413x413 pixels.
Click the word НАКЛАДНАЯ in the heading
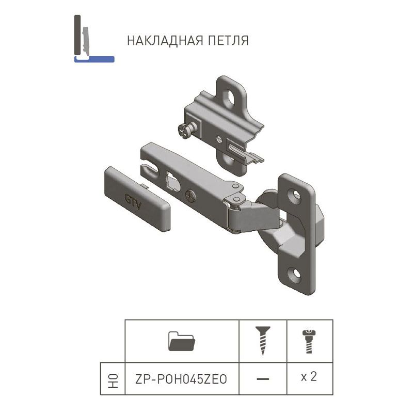click(165, 41)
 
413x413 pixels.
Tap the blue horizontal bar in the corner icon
click(94, 59)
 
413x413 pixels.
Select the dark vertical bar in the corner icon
click(77, 35)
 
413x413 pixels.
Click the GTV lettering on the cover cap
click(133, 202)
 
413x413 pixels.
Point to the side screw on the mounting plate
click(186, 130)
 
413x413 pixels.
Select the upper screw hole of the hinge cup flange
click(296, 196)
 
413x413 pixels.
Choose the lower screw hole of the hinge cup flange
click(296, 274)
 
